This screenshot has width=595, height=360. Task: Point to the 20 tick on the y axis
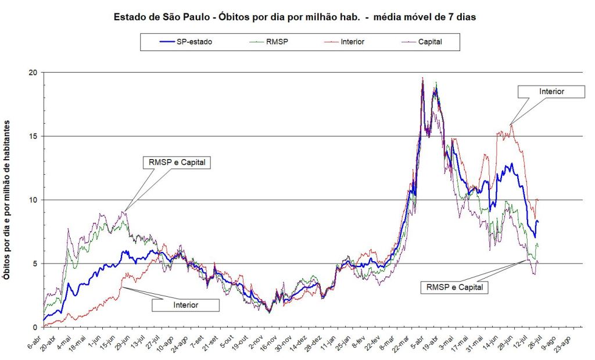(34, 73)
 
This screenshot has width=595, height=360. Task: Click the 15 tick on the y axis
(34, 136)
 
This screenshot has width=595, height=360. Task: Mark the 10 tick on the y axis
(34, 200)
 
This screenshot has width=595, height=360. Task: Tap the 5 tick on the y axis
(35, 264)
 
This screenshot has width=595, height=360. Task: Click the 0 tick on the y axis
(35, 327)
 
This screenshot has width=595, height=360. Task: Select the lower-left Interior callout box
(185, 304)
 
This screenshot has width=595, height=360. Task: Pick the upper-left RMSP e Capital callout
(175, 162)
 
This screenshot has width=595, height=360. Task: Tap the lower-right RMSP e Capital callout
(454, 286)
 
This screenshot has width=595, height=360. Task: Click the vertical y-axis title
(9, 200)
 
